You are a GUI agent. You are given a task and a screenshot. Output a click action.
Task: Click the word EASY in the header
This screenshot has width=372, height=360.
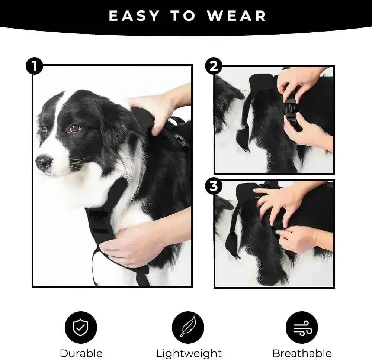(x=134, y=16)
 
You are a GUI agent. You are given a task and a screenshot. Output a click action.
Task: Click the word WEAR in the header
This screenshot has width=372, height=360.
(x=237, y=16)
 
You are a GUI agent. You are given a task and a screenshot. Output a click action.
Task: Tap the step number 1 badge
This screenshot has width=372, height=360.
(x=34, y=67)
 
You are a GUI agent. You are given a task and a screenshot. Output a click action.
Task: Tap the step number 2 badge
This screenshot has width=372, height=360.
(x=214, y=67)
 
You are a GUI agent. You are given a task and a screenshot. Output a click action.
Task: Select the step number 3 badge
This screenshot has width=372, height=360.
(x=214, y=186)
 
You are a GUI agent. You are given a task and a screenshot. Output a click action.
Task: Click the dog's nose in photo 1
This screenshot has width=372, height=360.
(x=44, y=162)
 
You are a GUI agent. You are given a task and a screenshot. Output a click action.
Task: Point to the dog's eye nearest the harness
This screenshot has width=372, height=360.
(x=74, y=128)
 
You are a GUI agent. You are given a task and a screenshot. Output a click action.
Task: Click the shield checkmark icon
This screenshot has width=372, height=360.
(x=81, y=327)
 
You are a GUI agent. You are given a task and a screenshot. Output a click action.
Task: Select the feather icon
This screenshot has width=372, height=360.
(x=187, y=327)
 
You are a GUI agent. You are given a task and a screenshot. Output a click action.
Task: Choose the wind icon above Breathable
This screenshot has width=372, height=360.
(x=301, y=327)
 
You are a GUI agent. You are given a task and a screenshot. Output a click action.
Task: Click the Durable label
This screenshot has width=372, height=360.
(x=81, y=353)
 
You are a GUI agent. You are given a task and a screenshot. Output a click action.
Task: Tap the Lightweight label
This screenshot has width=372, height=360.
(x=189, y=353)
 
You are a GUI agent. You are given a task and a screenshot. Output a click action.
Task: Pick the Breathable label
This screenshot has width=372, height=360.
(x=302, y=353)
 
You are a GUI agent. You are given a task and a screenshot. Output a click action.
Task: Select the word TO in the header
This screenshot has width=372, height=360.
(x=183, y=16)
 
